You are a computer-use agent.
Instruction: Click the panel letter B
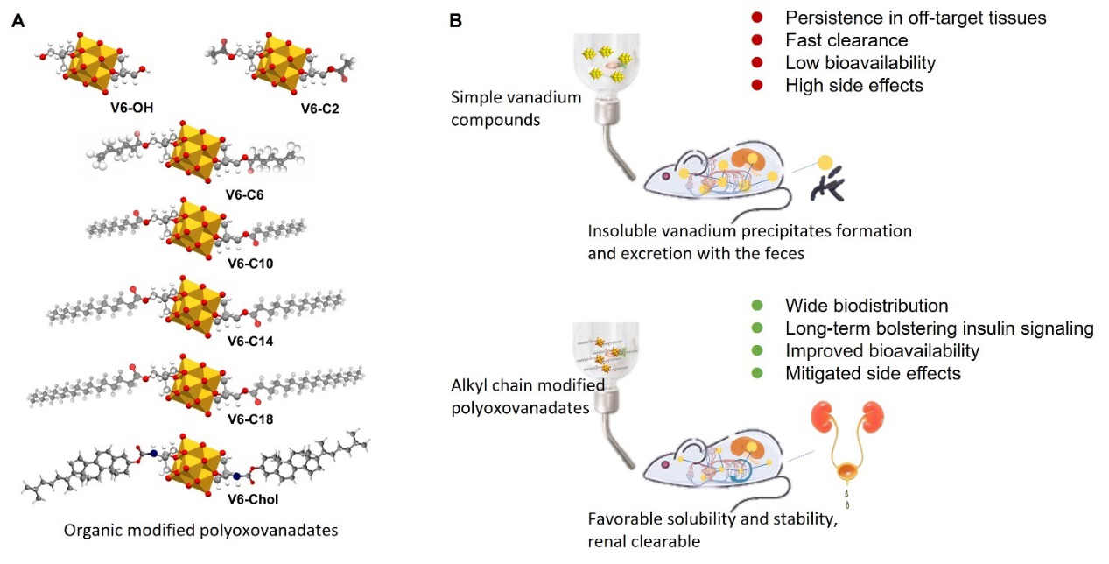[x=455, y=18]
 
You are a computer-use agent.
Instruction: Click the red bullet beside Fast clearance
[x=757, y=40]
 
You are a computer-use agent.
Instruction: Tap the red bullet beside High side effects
[x=757, y=86]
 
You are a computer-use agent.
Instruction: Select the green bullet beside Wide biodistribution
[x=757, y=306]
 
